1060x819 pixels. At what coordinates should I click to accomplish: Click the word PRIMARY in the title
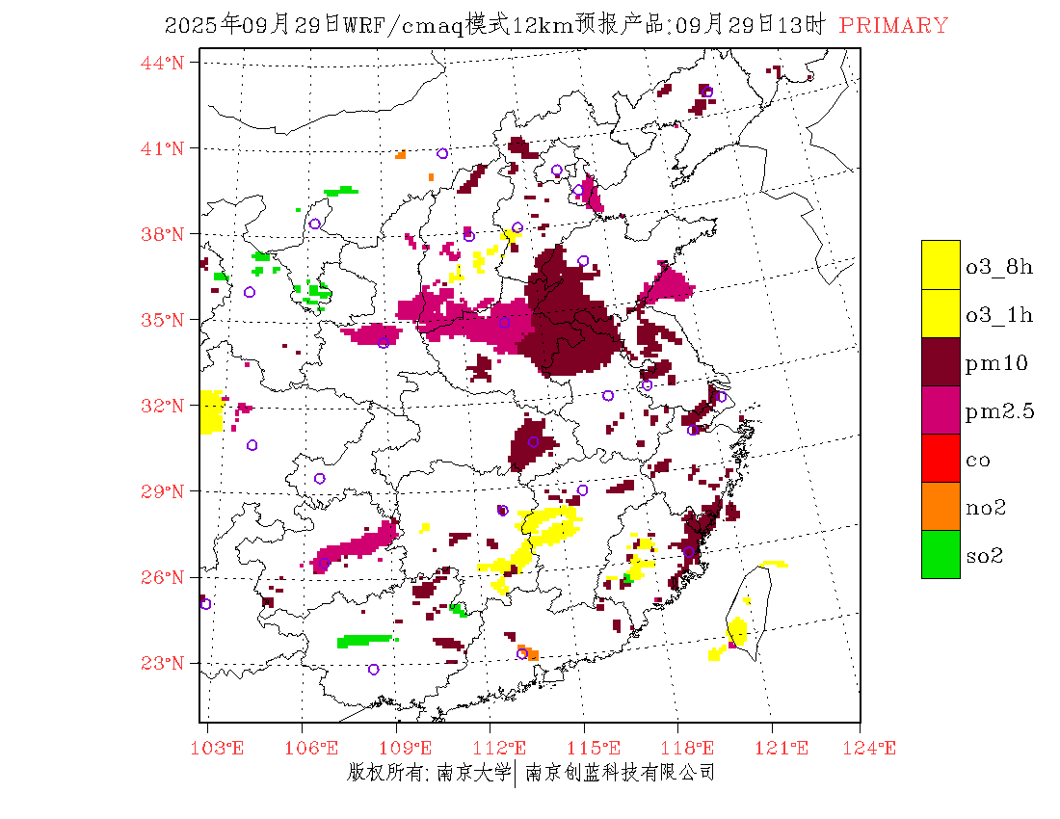click(893, 26)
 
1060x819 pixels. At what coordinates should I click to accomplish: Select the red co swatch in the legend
click(941, 458)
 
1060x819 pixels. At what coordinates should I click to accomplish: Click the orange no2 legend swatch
click(941, 506)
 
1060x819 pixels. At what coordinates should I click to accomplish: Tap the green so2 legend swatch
click(941, 554)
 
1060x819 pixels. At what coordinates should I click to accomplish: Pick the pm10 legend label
click(996, 363)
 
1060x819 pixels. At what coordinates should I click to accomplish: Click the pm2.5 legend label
click(1000, 411)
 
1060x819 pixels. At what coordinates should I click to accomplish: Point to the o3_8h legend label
click(999, 267)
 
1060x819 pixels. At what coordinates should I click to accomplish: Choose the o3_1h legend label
click(999, 315)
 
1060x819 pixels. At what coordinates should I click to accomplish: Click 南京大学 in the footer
click(473, 773)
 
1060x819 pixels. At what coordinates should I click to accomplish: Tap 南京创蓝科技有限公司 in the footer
click(620, 773)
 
